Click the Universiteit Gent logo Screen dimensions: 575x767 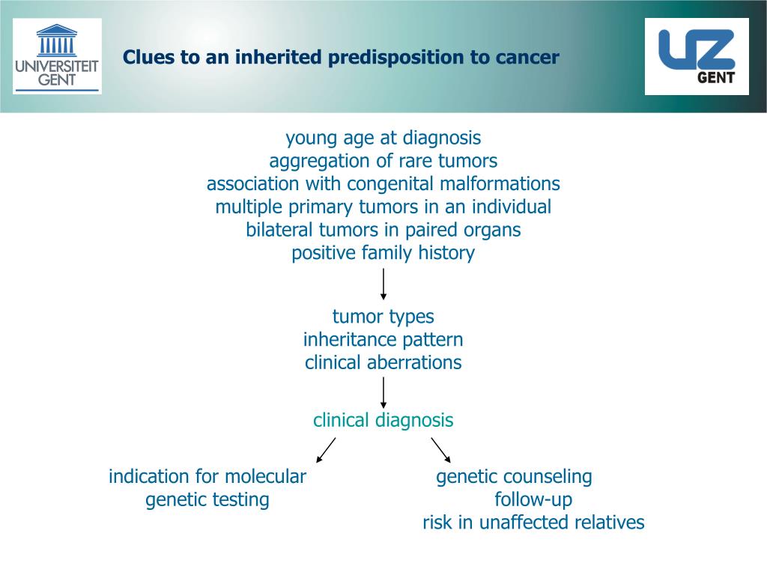coord(57,56)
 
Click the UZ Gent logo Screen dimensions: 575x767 coord(697,56)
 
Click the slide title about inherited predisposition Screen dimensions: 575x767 coord(341,58)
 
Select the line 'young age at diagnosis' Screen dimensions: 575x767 coord(383,139)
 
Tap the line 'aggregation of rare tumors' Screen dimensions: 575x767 coord(383,161)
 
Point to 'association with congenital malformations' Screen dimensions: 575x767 coord(383,184)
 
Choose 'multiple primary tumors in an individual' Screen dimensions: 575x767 coord(383,207)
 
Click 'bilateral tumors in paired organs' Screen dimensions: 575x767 coord(383,230)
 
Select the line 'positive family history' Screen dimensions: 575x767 coord(383,253)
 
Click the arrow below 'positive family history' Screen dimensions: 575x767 coord(383,285)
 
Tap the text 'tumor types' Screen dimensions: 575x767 coord(383,317)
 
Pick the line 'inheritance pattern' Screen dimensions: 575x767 coord(383,340)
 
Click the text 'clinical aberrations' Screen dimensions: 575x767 coord(383,363)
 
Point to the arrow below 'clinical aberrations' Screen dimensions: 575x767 coord(383,392)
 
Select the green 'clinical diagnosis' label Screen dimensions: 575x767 coord(383,421)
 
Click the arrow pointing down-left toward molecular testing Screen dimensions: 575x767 coord(326,450)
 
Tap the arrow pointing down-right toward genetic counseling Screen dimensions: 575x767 coord(441,450)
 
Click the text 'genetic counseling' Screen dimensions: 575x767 coord(514,477)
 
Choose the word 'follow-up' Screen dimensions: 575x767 coord(533,499)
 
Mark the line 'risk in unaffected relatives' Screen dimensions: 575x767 coord(533,523)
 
